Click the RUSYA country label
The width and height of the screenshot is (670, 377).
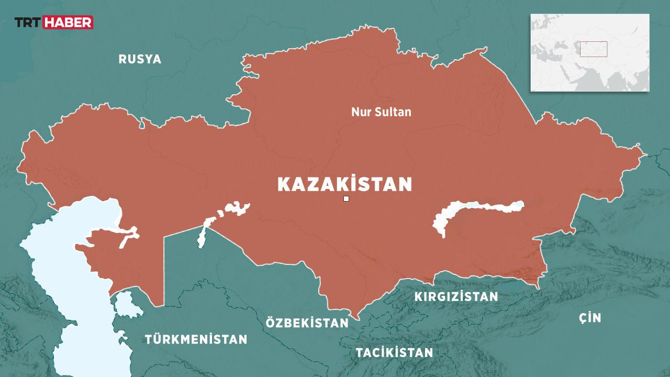(140, 59)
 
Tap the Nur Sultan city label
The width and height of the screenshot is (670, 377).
(381, 112)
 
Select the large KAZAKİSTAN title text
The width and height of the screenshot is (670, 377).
(344, 184)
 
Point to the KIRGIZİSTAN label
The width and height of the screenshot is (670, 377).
(456, 297)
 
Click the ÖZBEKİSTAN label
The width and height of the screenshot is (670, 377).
(307, 323)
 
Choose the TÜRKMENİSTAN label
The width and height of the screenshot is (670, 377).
(196, 339)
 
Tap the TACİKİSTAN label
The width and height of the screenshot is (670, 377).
(394, 352)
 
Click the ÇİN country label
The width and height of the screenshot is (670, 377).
(590, 317)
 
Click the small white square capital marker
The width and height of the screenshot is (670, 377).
(346, 198)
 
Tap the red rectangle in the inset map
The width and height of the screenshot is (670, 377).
(593, 49)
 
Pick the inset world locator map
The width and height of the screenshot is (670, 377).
(589, 52)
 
